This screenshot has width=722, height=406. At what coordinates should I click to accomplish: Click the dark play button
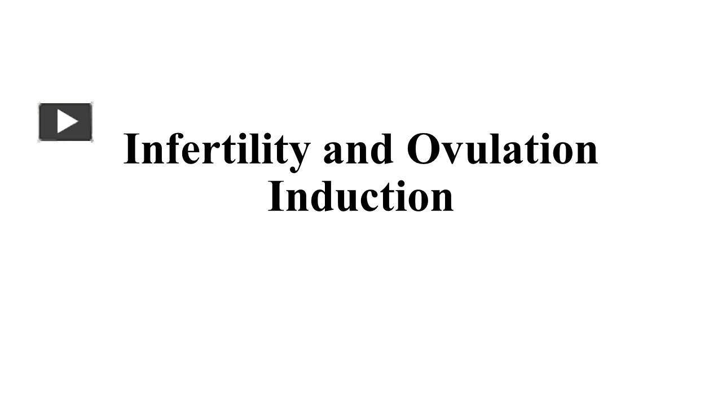(65, 122)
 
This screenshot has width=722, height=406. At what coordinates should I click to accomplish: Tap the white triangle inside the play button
(67, 122)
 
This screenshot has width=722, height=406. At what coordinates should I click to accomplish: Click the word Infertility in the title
(216, 149)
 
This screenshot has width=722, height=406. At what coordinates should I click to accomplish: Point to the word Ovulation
(502, 149)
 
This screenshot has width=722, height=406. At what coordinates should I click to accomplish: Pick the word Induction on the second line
(361, 197)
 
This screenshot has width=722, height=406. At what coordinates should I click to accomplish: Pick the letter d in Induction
(323, 197)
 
